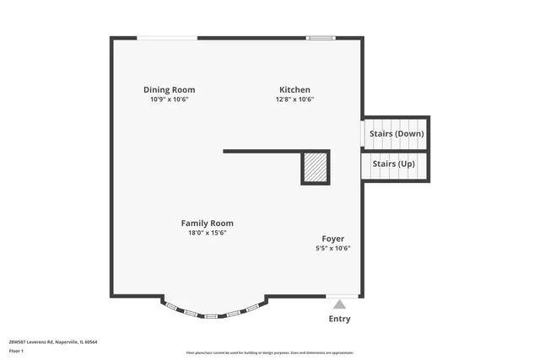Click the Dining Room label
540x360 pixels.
tap(169, 89)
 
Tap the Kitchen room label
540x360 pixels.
tap(294, 89)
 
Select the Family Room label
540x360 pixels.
tap(207, 223)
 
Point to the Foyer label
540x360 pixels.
tap(332, 239)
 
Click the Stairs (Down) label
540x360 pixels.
tap(397, 133)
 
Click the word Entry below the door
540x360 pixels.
tap(339, 319)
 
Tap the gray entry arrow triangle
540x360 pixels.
tap(339, 304)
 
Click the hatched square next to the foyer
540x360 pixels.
tap(316, 167)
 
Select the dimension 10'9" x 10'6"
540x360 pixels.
tap(169, 99)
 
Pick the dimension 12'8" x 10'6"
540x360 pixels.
tap(294, 99)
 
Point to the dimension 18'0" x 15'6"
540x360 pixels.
tap(207, 233)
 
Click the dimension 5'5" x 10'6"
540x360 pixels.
tap(332, 248)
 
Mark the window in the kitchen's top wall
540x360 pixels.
tap(320, 37)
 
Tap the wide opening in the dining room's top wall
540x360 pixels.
tap(167, 37)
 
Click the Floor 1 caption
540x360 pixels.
tap(16, 351)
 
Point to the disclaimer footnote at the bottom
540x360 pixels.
tap(269, 352)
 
